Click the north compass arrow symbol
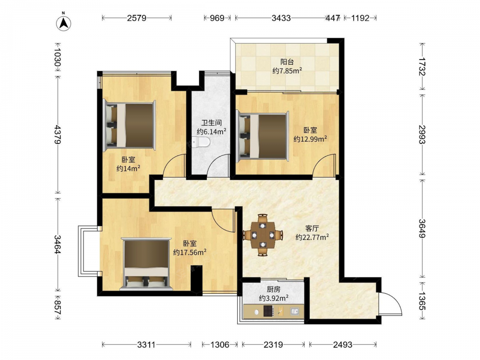(64, 23)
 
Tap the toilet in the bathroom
(202, 142)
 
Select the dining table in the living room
(263, 235)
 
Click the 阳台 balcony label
(287, 62)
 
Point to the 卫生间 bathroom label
(211, 123)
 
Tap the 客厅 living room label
(312, 228)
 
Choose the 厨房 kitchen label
(274, 289)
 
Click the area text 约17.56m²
(190, 252)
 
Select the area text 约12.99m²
(310, 139)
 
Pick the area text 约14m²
(128, 168)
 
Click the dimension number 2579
(136, 18)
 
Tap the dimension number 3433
(281, 18)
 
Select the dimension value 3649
(422, 228)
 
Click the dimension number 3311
(146, 345)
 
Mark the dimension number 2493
(343, 345)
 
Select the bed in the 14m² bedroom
(130, 125)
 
